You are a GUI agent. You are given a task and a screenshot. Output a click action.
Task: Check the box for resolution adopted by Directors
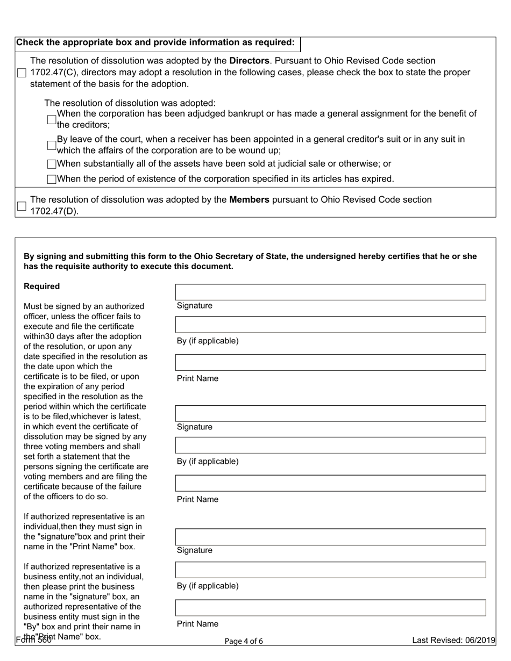[x=22, y=73]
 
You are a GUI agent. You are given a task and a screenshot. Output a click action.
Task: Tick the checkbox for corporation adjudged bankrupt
[x=52, y=119]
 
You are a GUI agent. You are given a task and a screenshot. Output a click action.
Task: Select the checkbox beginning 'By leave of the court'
[x=52, y=145]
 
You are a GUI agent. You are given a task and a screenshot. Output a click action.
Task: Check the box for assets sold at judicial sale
[x=52, y=164]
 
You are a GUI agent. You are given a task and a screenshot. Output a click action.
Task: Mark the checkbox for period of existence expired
[x=52, y=179]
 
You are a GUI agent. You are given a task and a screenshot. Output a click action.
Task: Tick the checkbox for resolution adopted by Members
[x=22, y=206]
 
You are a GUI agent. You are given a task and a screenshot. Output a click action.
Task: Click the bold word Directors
[x=249, y=61]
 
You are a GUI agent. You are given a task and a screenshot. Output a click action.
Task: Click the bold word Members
[x=249, y=200]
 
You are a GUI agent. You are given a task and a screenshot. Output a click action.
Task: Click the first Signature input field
[x=330, y=292]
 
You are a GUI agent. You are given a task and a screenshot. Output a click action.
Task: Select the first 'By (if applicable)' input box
[x=330, y=325]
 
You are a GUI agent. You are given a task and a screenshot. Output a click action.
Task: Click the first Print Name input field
[x=330, y=363]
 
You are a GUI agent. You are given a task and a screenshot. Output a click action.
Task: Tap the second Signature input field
[x=330, y=413]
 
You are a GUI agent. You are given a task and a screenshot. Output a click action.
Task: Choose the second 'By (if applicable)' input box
[x=330, y=446]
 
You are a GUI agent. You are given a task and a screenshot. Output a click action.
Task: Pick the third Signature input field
[x=330, y=537]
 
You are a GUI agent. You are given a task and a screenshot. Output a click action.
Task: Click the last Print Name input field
[x=330, y=608]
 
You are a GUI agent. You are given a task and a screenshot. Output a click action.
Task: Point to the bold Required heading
[x=42, y=286]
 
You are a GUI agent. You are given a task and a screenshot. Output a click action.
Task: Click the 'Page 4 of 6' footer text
[x=244, y=641]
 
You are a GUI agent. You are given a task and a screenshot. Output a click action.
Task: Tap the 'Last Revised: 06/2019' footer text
[x=453, y=641]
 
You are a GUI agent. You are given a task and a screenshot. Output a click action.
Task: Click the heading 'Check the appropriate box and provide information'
[x=155, y=42]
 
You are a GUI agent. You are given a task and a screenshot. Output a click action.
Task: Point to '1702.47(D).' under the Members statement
[x=54, y=211]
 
